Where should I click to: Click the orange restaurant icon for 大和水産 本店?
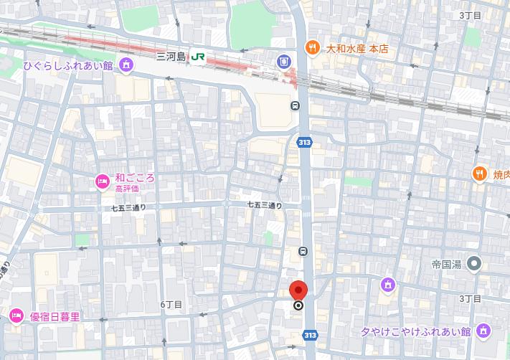[x=312, y=49]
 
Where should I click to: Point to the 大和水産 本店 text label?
[x=356, y=49]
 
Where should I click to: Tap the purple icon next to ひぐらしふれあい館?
[x=127, y=66]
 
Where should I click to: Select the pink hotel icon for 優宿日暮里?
[x=16, y=316]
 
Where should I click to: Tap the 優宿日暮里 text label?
[x=54, y=316]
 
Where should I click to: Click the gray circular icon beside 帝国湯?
[x=473, y=265]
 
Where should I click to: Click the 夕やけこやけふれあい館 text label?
[x=415, y=331]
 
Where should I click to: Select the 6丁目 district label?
[x=171, y=305]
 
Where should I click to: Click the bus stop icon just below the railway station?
[x=295, y=106]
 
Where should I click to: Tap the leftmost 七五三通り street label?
[x=128, y=208]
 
